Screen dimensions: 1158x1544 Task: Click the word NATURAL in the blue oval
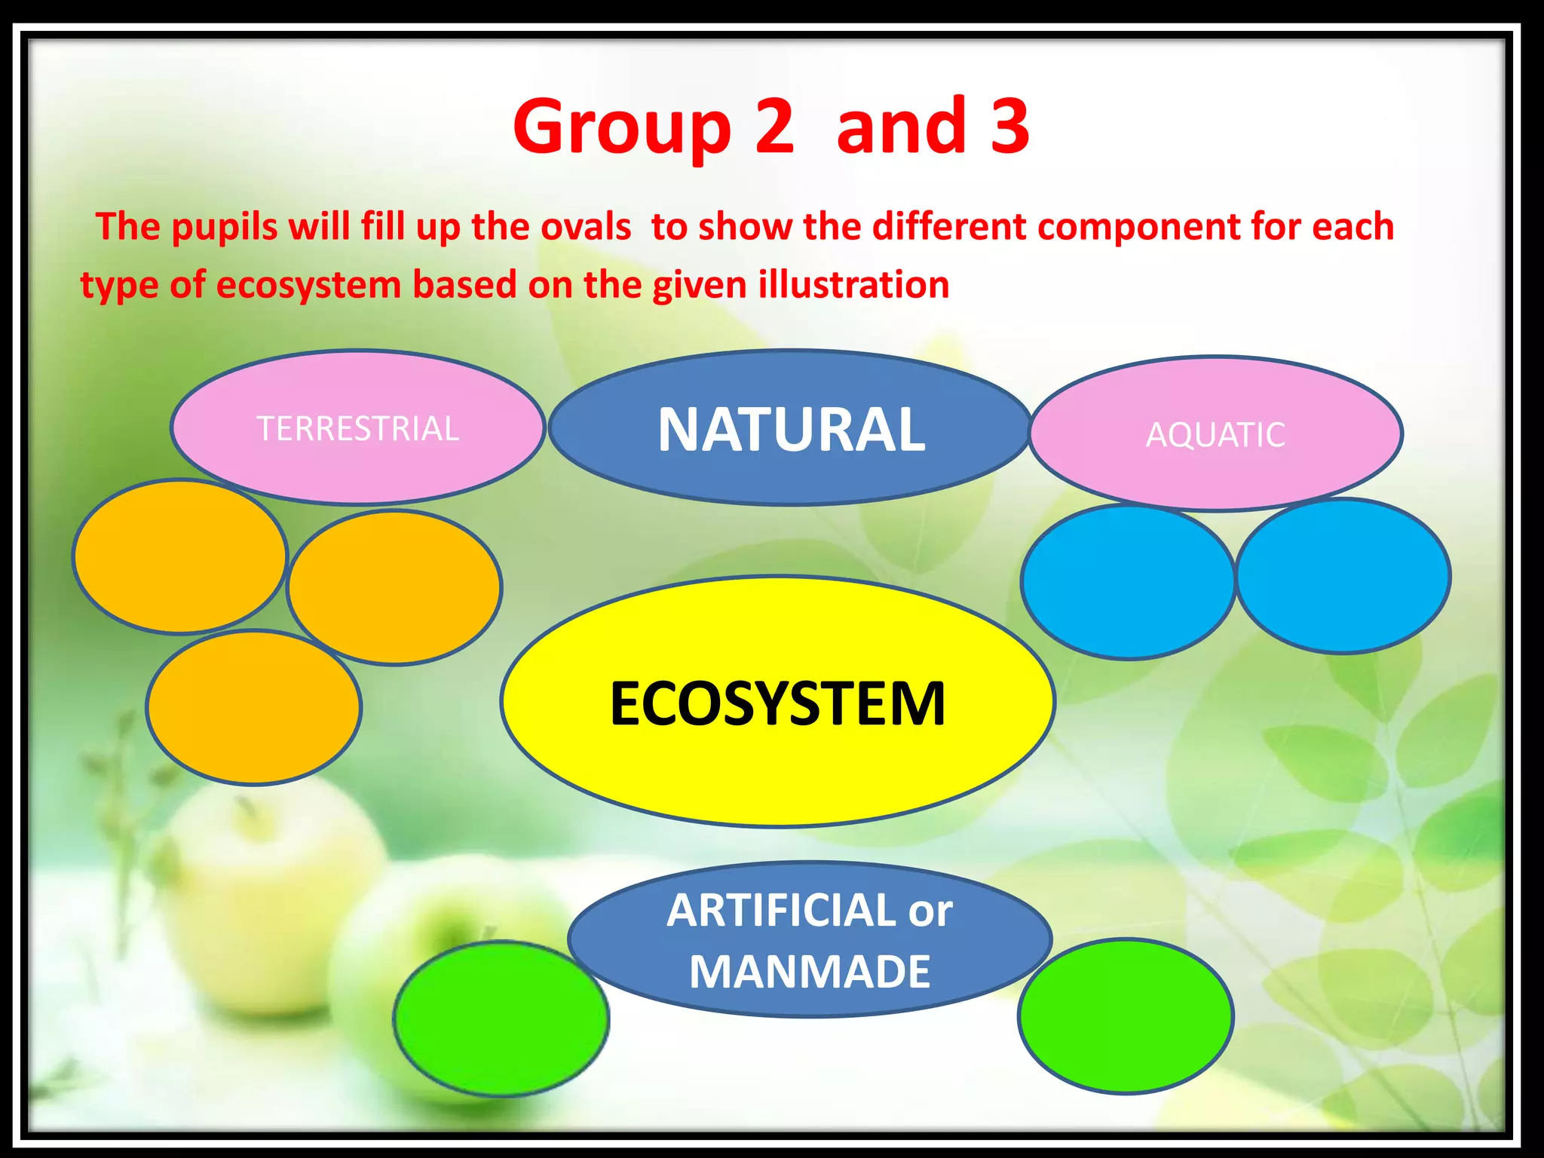click(x=791, y=430)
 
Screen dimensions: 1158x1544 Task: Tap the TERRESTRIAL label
click(x=357, y=429)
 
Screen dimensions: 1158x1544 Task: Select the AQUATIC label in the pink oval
click(x=1215, y=435)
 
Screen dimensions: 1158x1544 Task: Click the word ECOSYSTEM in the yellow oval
click(x=777, y=703)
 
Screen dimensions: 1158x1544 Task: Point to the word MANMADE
click(x=810, y=972)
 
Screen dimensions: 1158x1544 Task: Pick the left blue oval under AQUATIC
click(x=1127, y=583)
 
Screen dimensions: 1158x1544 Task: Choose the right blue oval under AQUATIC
click(x=1343, y=576)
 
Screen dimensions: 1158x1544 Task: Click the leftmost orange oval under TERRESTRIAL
click(x=179, y=556)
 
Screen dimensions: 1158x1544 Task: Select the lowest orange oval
click(x=253, y=707)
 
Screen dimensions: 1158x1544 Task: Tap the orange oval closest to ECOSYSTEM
click(x=394, y=588)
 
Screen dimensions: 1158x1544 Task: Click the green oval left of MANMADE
click(x=501, y=1019)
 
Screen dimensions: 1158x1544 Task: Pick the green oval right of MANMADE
click(x=1125, y=1016)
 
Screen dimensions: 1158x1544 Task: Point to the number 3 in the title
click(x=1009, y=125)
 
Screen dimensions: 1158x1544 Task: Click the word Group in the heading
click(x=623, y=127)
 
